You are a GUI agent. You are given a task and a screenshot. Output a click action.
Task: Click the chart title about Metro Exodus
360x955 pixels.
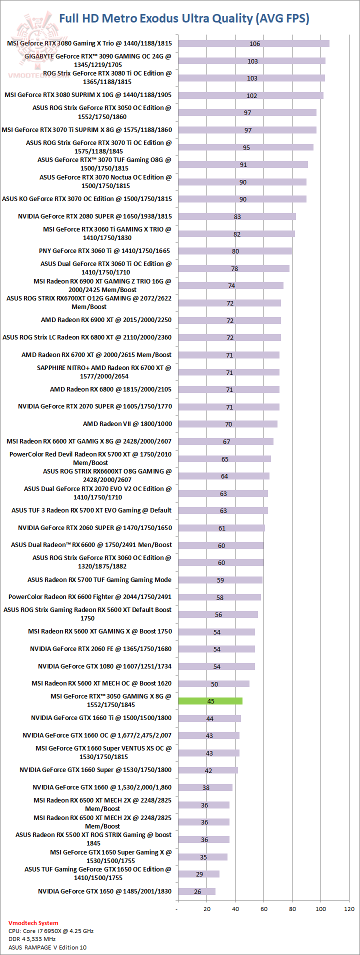(184, 18)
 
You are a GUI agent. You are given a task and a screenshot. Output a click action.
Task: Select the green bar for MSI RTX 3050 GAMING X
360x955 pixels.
(210, 701)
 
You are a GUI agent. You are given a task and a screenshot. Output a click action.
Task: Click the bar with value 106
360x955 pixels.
(253, 43)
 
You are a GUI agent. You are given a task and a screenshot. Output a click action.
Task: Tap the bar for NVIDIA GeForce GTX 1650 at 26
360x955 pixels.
(196, 891)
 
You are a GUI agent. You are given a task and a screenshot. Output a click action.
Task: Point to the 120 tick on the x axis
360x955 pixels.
(349, 908)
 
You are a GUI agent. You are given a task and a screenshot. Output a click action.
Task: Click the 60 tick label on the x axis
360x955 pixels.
(263, 908)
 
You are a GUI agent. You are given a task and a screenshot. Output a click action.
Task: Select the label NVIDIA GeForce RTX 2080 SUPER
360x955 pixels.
(95, 216)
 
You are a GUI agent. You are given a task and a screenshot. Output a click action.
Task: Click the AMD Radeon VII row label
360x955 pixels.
(127, 424)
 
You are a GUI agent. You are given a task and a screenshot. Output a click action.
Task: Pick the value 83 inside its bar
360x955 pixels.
(237, 216)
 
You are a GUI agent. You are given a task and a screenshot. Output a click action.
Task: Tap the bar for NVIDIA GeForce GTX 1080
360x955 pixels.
(216, 666)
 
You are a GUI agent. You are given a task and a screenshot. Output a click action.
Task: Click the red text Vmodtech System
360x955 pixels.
(33, 923)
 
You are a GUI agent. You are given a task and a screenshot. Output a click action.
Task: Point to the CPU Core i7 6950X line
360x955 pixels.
(51, 931)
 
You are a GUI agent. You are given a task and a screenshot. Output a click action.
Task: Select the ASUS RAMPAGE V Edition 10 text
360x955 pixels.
(47, 947)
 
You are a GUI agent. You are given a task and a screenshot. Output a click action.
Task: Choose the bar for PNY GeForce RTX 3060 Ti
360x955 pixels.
(235, 251)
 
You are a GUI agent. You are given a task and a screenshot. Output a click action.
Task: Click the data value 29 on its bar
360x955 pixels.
(199, 874)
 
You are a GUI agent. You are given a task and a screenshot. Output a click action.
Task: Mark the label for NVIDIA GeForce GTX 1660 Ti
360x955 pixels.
(101, 718)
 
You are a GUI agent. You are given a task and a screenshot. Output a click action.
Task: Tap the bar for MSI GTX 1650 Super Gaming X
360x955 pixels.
(202, 857)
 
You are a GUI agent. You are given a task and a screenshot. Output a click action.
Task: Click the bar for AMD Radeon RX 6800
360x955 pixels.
(228, 389)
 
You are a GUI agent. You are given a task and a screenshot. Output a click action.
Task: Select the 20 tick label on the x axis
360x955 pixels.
(206, 908)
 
